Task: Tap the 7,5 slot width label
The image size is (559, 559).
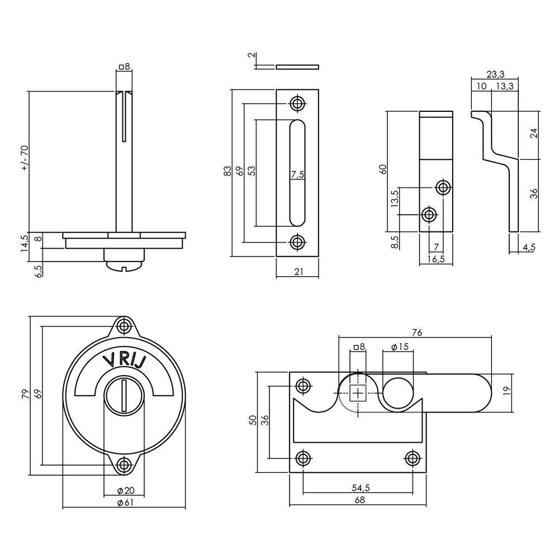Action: pyautogui.click(x=297, y=174)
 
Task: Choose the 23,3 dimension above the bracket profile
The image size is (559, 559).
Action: pyautogui.click(x=495, y=73)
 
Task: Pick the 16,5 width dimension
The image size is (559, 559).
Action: pyautogui.click(x=435, y=259)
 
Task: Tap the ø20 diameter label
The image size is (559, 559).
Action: pyautogui.click(x=124, y=490)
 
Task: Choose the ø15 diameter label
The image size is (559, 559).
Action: pyautogui.click(x=397, y=347)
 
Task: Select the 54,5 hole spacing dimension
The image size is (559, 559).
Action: pyautogui.click(x=358, y=488)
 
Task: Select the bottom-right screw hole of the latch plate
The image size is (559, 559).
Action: pyautogui.click(x=413, y=458)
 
